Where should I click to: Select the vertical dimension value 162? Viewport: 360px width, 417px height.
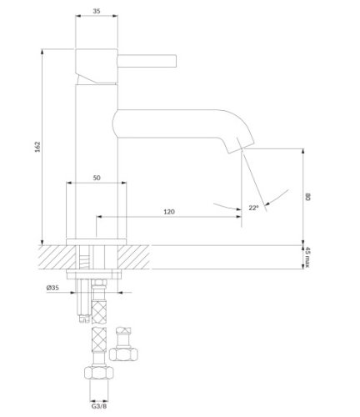[x=48, y=146]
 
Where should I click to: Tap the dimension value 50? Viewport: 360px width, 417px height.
[x=97, y=178]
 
